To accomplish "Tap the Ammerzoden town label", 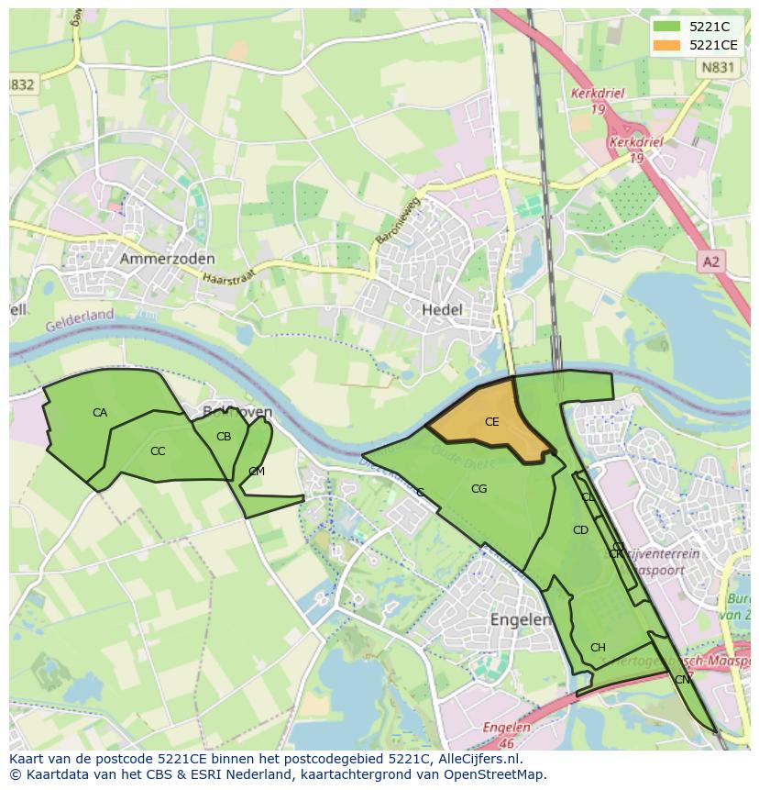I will pyautogui.click(x=167, y=260).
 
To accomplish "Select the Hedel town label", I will pyautogui.click(x=442, y=310).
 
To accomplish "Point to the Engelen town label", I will pyautogui.click(x=520, y=619).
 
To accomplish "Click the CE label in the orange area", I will pyautogui.click(x=491, y=422).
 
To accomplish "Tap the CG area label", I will pyautogui.click(x=478, y=489).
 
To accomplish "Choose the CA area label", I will pyautogui.click(x=100, y=413).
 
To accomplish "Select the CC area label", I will pyautogui.click(x=158, y=451).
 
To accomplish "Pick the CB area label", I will pyautogui.click(x=224, y=437).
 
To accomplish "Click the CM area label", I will pyautogui.click(x=257, y=472).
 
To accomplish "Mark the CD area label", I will pyautogui.click(x=580, y=530).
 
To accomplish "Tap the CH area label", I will pyautogui.click(x=598, y=648).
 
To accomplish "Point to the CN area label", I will pyautogui.click(x=682, y=680).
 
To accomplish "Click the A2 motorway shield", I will pyautogui.click(x=710, y=262).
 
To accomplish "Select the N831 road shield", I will pyautogui.click(x=716, y=67).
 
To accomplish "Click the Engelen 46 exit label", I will pyautogui.click(x=508, y=733).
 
